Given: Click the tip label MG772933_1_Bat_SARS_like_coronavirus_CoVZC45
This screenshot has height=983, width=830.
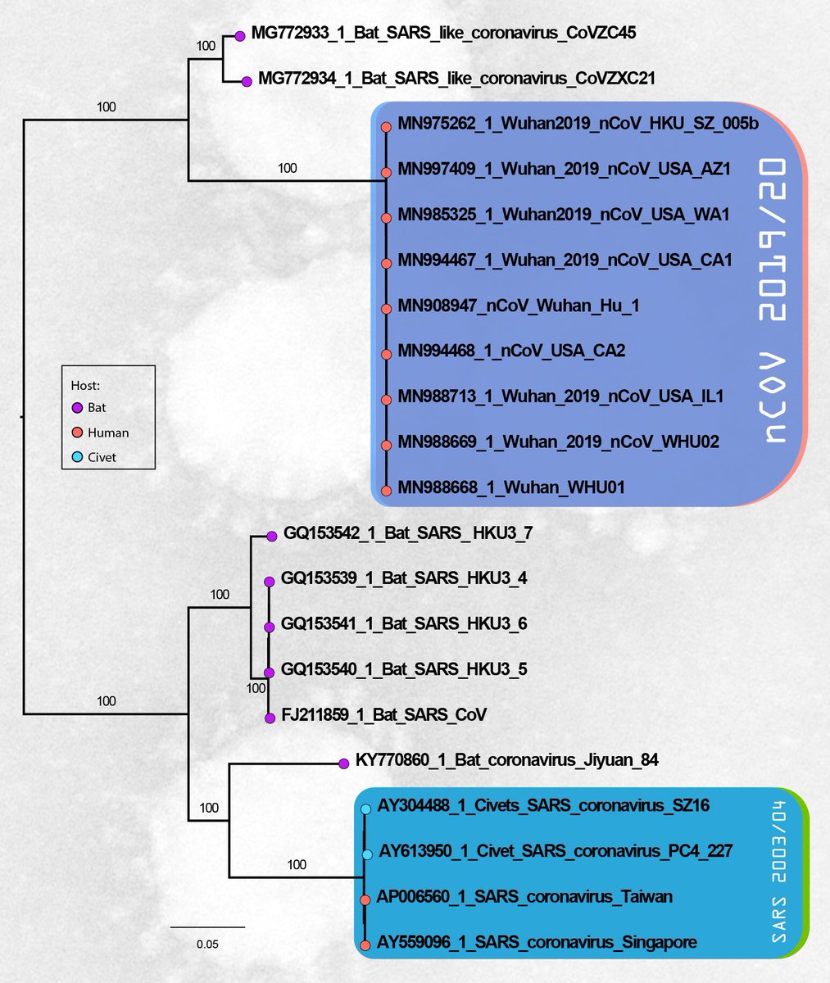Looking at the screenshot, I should pyautogui.click(x=443, y=34).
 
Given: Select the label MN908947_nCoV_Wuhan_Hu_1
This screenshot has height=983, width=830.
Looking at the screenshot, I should pyautogui.click(x=519, y=306).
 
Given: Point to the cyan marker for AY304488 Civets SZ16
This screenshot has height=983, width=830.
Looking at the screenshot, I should pyautogui.click(x=366, y=809).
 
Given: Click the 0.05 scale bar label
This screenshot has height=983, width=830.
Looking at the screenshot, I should pyautogui.click(x=207, y=944).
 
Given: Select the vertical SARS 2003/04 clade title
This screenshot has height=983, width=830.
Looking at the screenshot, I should pyautogui.click(x=779, y=877).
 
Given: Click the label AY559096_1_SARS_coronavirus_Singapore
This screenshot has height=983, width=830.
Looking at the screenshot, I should pyautogui.click(x=537, y=943).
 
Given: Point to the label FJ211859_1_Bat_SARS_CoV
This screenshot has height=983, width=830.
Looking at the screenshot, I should pyautogui.click(x=383, y=715).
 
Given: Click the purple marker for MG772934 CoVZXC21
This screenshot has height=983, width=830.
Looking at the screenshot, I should pyautogui.click(x=247, y=81).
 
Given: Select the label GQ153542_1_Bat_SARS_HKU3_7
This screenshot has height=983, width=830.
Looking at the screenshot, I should pyautogui.click(x=408, y=533).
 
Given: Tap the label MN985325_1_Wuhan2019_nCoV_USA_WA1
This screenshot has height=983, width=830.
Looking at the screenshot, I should pyautogui.click(x=564, y=215).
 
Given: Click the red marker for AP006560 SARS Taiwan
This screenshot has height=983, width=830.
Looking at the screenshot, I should pyautogui.click(x=365, y=900).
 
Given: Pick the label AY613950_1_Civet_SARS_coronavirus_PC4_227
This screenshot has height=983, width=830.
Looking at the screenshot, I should pyautogui.click(x=556, y=851).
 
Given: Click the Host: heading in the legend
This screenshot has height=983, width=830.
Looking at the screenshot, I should pyautogui.click(x=85, y=385).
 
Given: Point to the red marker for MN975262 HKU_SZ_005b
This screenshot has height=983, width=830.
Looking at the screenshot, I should pyautogui.click(x=386, y=127).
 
